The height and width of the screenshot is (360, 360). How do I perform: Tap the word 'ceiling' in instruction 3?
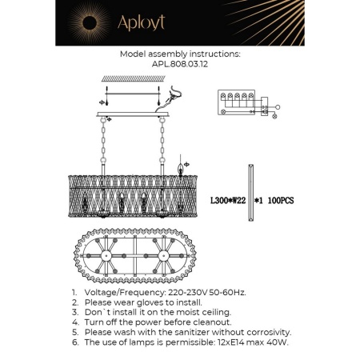[x=213, y=313]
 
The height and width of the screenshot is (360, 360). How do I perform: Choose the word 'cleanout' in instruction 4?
[x=212, y=322]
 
